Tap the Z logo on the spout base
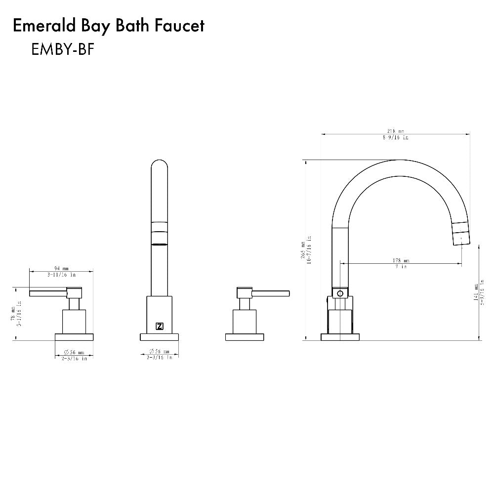click(x=160, y=326)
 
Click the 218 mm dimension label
click(x=395, y=132)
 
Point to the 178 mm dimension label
click(x=401, y=261)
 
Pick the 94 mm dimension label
click(x=62, y=269)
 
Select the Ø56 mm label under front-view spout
click(x=160, y=352)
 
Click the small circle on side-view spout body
click(x=339, y=294)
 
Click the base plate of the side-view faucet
click(x=340, y=337)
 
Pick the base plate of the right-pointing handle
click(x=246, y=337)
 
